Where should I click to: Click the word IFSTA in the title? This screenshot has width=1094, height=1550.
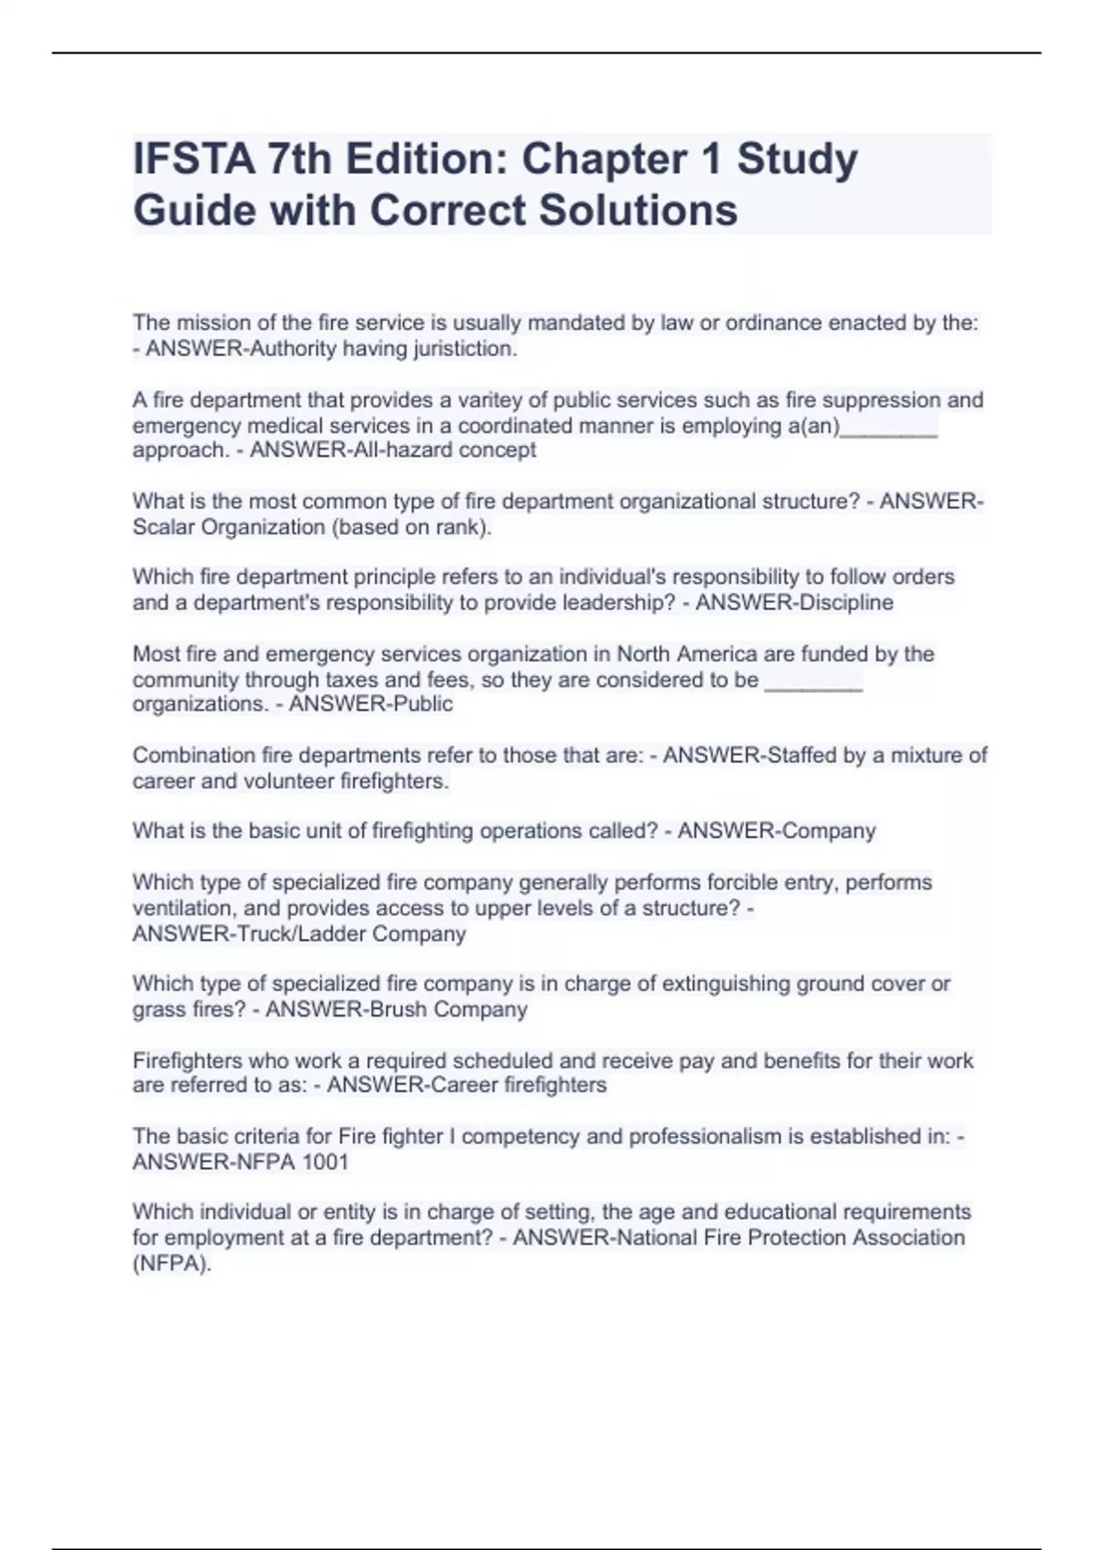193,160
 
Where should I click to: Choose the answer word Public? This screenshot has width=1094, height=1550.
420,705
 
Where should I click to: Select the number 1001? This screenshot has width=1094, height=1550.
325,1162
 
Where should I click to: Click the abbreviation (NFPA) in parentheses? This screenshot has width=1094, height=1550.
171,1265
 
